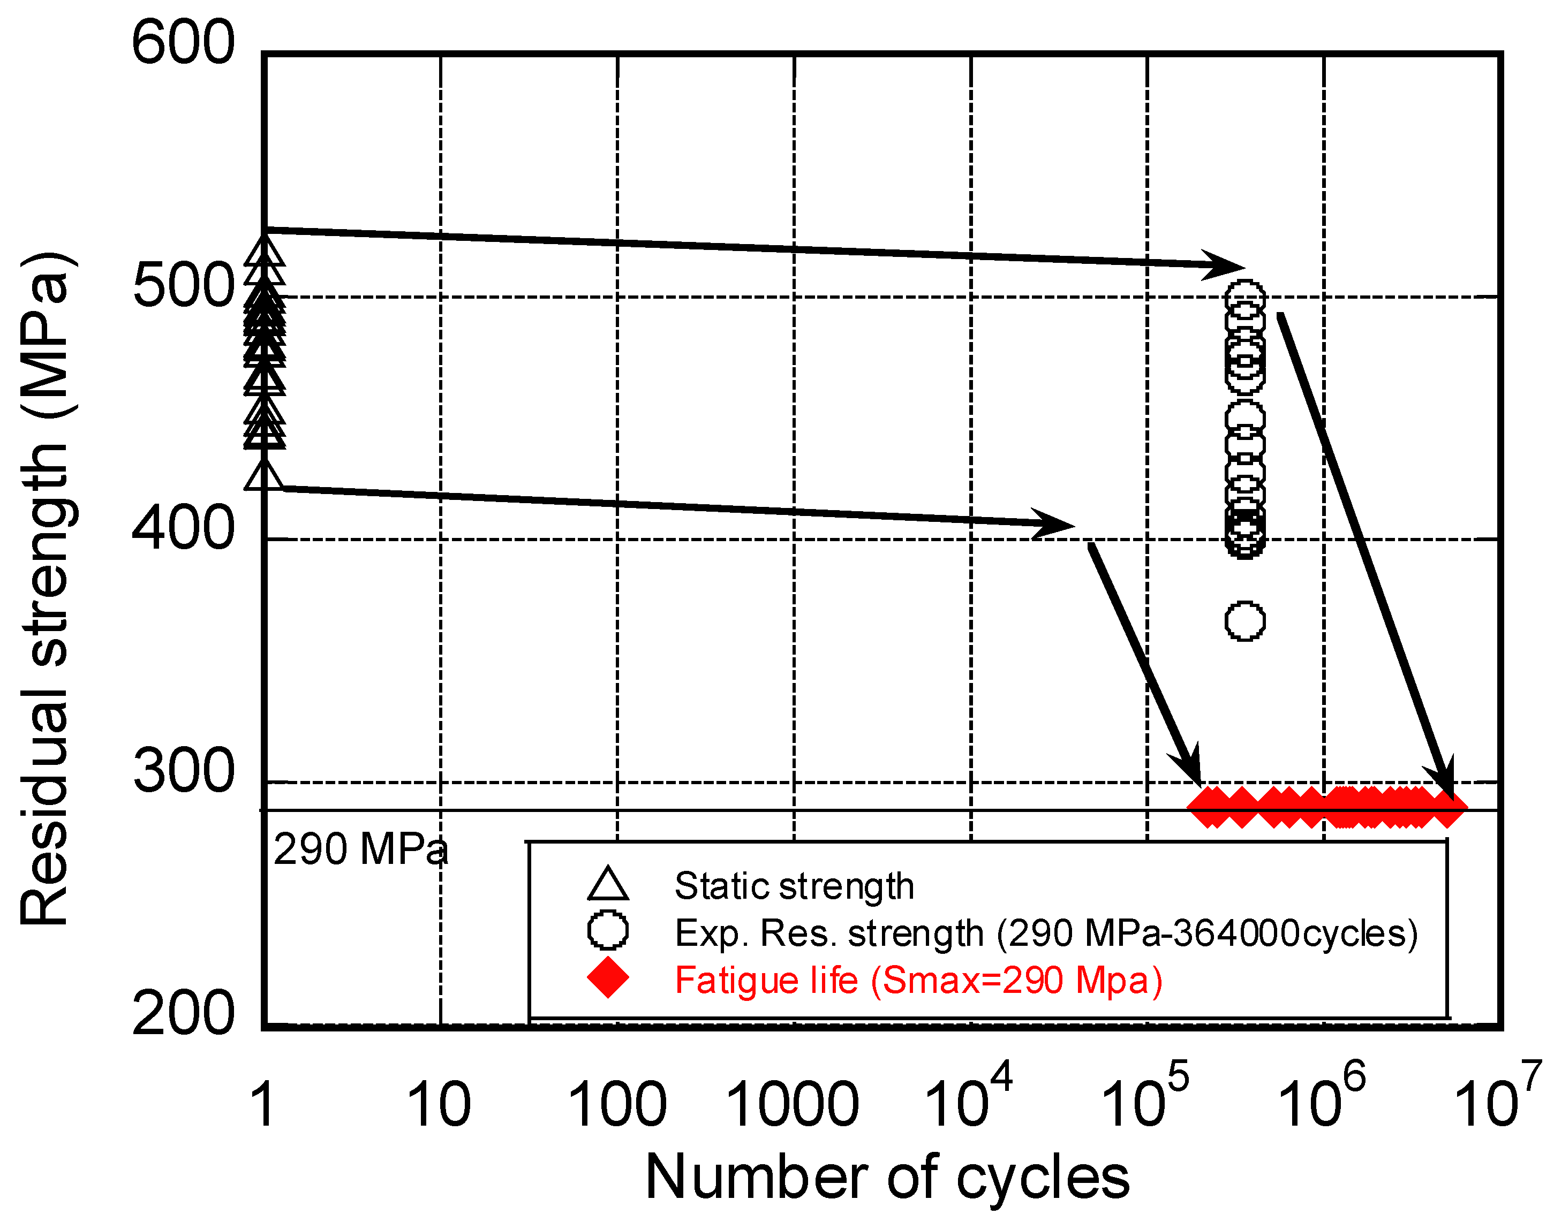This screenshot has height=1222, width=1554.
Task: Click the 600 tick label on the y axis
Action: click(x=183, y=43)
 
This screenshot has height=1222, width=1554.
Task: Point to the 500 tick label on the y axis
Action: click(x=183, y=286)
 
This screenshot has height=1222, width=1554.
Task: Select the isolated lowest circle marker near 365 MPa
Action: click(x=1245, y=621)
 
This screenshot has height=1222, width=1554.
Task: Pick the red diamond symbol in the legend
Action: click(x=608, y=977)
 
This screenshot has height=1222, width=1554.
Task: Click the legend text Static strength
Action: click(x=794, y=886)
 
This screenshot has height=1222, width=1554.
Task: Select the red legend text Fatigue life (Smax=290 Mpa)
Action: click(x=918, y=980)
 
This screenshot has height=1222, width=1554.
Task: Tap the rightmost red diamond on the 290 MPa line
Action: click(x=1446, y=808)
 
